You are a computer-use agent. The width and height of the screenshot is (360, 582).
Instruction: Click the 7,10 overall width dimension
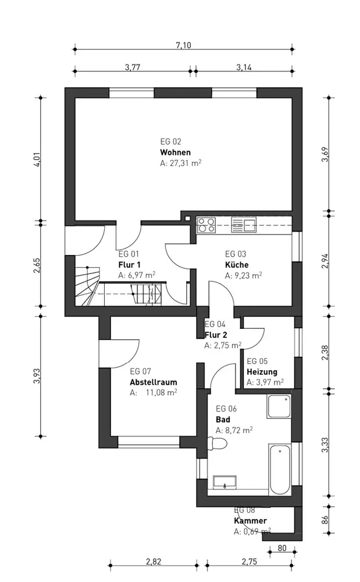[184, 45]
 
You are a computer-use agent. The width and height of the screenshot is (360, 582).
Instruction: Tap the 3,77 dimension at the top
[133, 67]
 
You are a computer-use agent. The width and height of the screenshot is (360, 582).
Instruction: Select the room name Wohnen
[176, 152]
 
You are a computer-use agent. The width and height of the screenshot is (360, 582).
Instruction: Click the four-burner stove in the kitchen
[206, 225]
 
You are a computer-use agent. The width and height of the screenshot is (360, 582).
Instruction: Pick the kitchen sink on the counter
[244, 225]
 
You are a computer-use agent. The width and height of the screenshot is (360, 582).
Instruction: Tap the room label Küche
[237, 265]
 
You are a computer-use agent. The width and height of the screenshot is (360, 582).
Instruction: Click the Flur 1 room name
[129, 265]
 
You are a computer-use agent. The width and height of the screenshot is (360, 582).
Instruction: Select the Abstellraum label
[154, 382]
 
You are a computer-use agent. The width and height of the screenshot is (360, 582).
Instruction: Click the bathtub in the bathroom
[280, 469]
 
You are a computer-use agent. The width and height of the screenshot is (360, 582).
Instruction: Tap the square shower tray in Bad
[279, 406]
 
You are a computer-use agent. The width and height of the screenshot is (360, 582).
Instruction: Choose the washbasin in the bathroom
[225, 481]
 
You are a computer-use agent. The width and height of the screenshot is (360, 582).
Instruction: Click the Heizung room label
[262, 371]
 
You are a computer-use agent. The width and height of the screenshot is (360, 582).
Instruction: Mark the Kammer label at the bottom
[250, 520]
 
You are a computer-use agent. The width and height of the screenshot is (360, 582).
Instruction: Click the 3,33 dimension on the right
[325, 445]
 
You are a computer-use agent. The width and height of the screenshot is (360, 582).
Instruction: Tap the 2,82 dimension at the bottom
[154, 561]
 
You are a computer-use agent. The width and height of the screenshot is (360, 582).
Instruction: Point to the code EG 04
[215, 324]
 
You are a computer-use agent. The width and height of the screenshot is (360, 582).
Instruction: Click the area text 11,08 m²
[161, 393]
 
